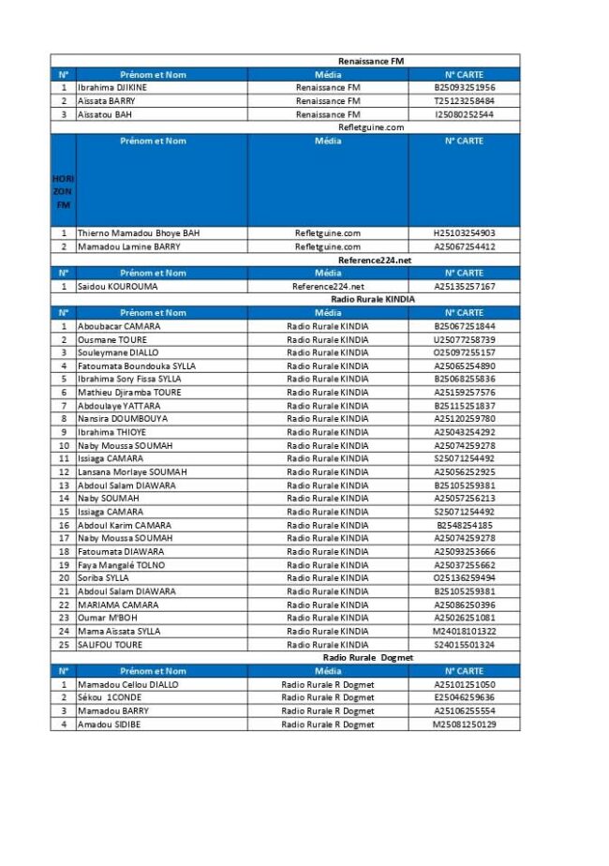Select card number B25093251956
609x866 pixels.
pyautogui.click(x=464, y=87)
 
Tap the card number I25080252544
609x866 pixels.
pyautogui.click(x=464, y=113)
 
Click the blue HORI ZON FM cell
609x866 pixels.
pyautogui.click(x=64, y=191)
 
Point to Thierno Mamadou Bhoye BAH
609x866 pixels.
pyautogui.click(x=139, y=233)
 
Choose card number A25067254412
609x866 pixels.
pyautogui.click(x=464, y=246)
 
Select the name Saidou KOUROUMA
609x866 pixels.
pyautogui.click(x=117, y=286)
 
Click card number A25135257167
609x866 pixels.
pyautogui.click(x=464, y=286)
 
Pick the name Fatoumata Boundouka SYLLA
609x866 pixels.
pyautogui.click(x=137, y=366)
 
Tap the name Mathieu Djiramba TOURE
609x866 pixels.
pyautogui.click(x=129, y=392)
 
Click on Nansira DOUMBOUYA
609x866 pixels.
pyautogui.click(x=123, y=419)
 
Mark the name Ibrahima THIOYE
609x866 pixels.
pyautogui.click(x=111, y=432)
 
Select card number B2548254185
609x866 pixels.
pyautogui.click(x=464, y=525)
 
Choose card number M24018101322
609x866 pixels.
pyautogui.click(x=464, y=631)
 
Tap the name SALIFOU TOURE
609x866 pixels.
pyautogui.click(x=110, y=645)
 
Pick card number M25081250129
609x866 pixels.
pyautogui.click(x=464, y=724)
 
